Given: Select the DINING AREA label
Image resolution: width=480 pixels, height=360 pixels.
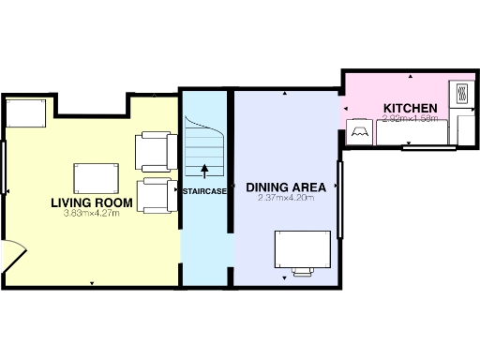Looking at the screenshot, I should point(286,187).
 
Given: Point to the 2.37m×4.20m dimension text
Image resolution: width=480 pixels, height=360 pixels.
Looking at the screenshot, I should point(285,198).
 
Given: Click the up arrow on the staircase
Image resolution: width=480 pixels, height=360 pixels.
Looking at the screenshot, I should point(205,170).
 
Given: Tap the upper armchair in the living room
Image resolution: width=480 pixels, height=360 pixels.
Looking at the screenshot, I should point(155,151).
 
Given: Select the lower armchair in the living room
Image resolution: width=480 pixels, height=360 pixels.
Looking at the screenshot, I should point(155,196).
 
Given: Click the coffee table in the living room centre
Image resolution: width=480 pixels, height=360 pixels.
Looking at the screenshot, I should point(97,177).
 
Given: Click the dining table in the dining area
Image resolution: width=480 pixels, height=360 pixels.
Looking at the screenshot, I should point(302,248).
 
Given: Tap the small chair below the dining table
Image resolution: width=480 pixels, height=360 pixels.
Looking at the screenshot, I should point(302,273).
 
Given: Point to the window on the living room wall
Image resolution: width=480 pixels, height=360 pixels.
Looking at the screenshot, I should point(4,169).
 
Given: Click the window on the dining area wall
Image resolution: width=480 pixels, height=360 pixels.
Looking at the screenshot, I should point(341,191).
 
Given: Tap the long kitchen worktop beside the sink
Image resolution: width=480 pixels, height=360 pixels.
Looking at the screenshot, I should point(412,134).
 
